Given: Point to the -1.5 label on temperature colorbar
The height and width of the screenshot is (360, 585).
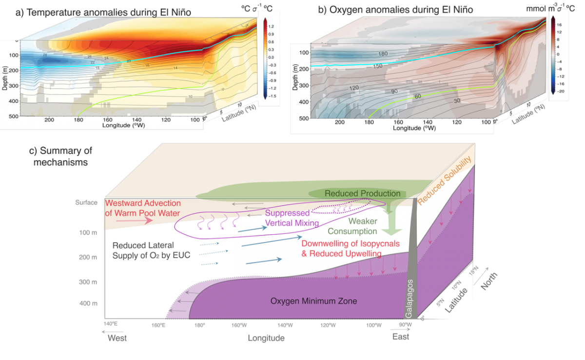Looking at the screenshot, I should coord(271,96).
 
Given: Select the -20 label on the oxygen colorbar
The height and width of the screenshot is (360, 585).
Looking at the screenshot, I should coord(559,91).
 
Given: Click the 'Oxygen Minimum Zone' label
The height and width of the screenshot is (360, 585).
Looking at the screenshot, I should coord(313,301).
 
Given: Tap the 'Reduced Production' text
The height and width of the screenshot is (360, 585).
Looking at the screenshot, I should coord(362,194).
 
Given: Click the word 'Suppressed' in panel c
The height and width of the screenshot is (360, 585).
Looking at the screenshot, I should coord(287,213).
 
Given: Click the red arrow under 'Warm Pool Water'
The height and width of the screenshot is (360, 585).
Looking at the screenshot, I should coord(127,220).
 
